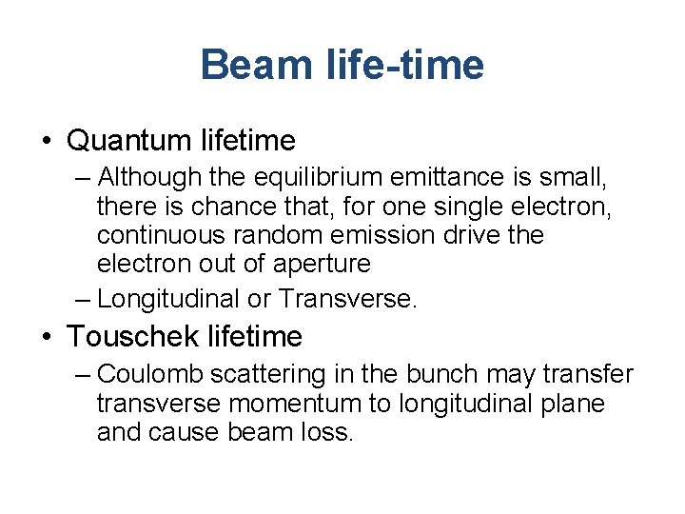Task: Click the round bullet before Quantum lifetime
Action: coord(48,142)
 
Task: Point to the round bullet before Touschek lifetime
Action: coord(48,337)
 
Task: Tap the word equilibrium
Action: coord(313,177)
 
